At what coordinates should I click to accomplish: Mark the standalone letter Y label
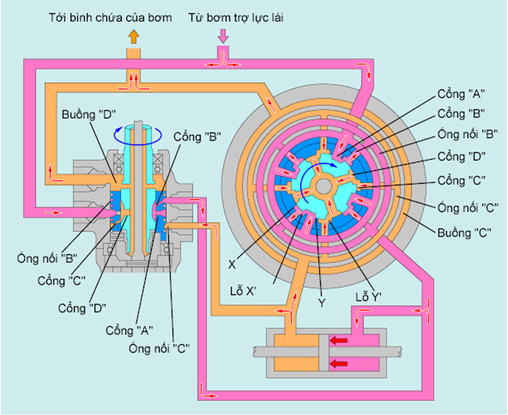pyautogui.click(x=322, y=303)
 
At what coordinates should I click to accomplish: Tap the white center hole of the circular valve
pyautogui.click(x=323, y=185)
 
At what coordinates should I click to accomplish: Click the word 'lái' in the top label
pyautogui.click(x=274, y=17)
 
